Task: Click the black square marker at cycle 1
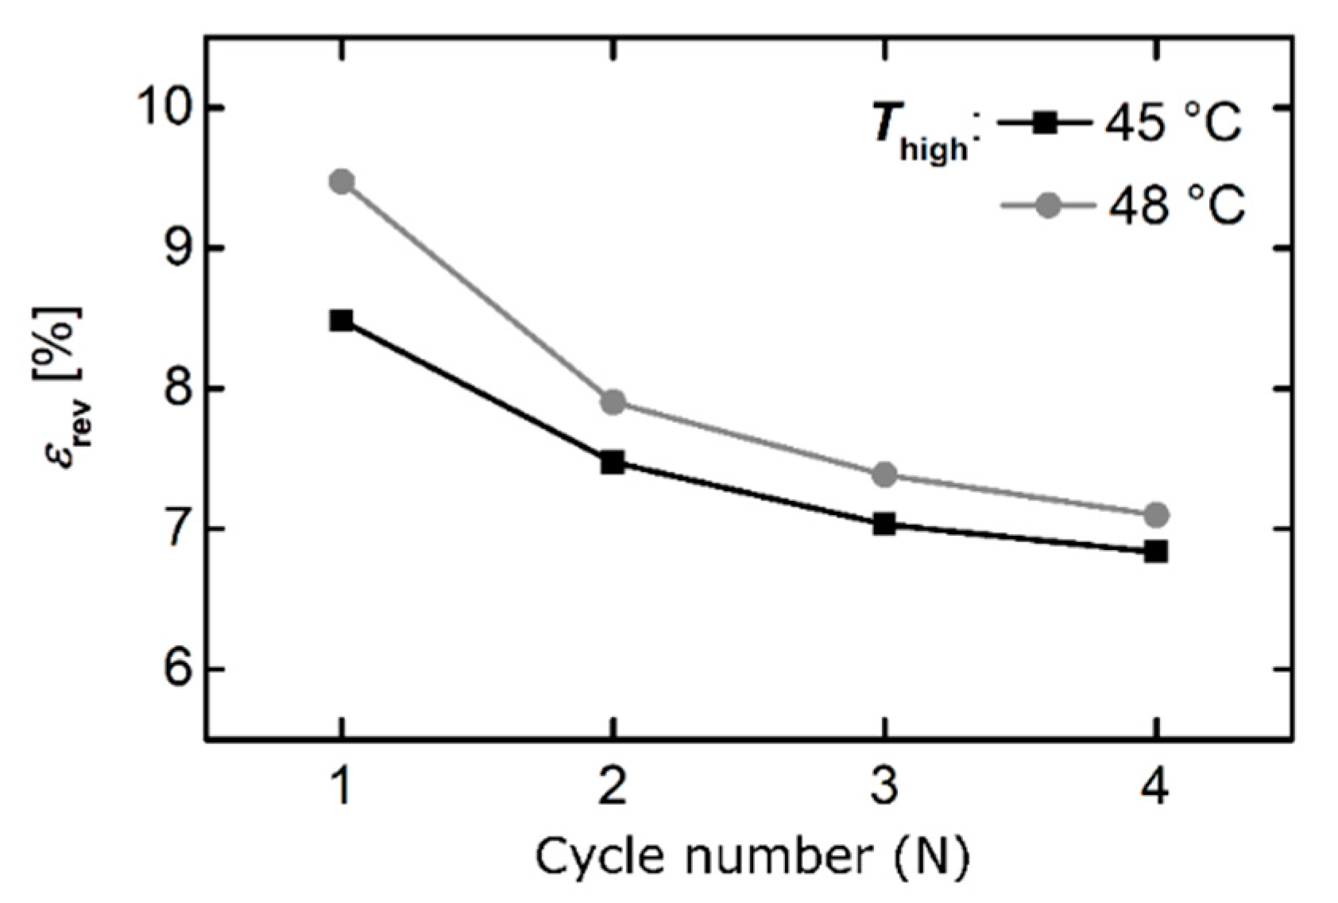point(342,321)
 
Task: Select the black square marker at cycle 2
point(613,462)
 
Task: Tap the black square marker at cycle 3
point(884,524)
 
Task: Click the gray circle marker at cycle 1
point(342,182)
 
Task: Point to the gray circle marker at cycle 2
point(613,402)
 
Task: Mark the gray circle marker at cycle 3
point(884,475)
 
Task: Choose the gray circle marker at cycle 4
point(1156,515)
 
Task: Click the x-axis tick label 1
point(342,789)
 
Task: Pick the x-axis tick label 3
point(884,789)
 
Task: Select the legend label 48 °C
point(1174,206)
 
